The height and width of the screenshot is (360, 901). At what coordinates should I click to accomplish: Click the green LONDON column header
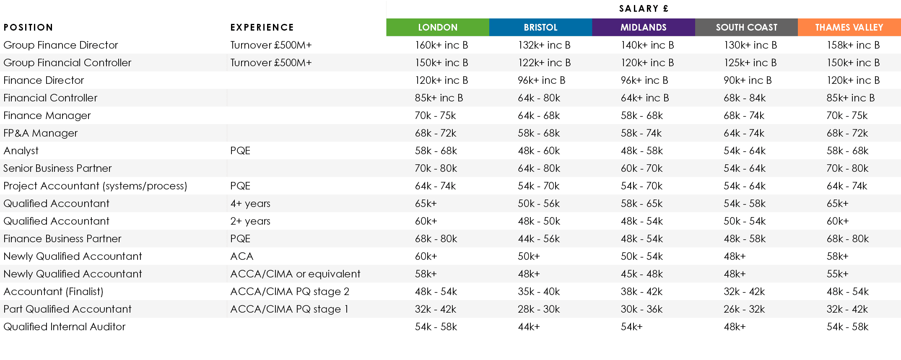click(x=437, y=27)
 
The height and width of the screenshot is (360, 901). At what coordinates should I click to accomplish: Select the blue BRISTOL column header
click(x=540, y=27)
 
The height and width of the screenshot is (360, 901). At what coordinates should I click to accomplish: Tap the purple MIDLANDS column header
click(x=643, y=27)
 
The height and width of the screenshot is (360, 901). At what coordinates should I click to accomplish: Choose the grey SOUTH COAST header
click(x=746, y=27)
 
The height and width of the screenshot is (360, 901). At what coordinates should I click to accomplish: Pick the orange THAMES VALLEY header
click(x=849, y=27)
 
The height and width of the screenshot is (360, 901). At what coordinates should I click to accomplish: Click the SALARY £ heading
click(x=643, y=8)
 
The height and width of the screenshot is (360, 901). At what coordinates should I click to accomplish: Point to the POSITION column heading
click(x=28, y=27)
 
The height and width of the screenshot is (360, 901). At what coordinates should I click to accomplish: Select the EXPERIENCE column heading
click(x=262, y=27)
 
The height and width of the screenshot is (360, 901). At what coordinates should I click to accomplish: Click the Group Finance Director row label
click(x=60, y=45)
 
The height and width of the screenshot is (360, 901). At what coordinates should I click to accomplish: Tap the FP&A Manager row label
click(x=40, y=133)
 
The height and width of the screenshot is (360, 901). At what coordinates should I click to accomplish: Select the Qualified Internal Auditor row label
click(x=64, y=326)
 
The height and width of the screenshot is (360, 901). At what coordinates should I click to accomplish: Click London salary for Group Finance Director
click(x=441, y=45)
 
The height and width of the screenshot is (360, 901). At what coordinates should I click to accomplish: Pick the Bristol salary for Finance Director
click(x=541, y=80)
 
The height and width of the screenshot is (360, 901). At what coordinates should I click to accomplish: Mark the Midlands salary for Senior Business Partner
click(x=641, y=168)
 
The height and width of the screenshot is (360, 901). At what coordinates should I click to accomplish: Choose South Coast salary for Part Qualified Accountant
click(x=744, y=309)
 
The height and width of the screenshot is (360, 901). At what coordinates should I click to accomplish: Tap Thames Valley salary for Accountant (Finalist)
click(x=847, y=291)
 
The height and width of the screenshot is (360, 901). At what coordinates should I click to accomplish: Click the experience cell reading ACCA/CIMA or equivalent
click(x=295, y=274)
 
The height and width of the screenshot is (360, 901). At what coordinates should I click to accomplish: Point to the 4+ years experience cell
click(x=250, y=203)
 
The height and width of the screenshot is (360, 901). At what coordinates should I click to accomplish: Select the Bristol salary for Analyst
click(x=539, y=150)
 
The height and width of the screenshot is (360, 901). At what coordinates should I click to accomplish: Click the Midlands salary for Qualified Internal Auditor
click(x=631, y=326)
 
